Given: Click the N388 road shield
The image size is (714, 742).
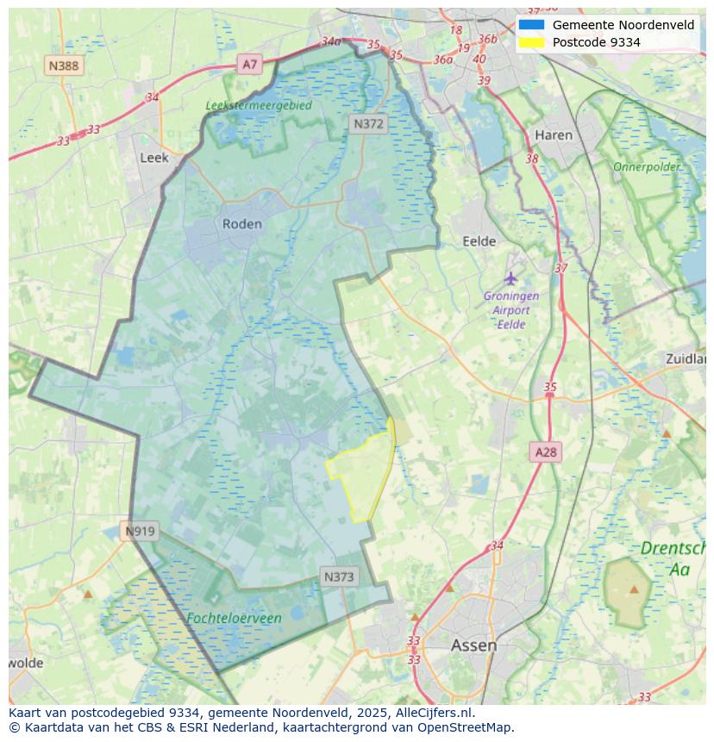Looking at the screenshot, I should click(64, 65).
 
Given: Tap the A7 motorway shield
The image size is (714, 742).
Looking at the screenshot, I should click(249, 64).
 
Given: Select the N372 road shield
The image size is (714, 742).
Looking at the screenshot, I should click(368, 124).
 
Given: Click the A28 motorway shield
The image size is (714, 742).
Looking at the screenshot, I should click(546, 452).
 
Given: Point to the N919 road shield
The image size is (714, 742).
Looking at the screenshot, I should click(140, 531).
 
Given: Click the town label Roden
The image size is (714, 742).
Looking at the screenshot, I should click(241, 223).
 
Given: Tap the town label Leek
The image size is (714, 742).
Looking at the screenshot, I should click(154, 158).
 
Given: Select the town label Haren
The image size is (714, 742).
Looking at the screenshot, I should click(554, 135).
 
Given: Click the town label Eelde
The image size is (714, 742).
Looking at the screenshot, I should click(479, 241).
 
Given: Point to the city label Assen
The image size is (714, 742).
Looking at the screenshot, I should click(473, 645).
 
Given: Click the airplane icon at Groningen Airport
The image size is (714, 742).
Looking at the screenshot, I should click(511, 278).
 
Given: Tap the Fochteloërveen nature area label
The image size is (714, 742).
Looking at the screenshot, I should click(234, 618).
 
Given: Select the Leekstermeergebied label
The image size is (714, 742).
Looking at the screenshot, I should click(259, 105).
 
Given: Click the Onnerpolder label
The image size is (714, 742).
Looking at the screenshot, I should click(647, 166).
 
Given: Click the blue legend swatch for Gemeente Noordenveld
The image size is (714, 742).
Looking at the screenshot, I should click(531, 25).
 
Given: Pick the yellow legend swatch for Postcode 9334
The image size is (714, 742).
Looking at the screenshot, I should click(531, 42).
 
